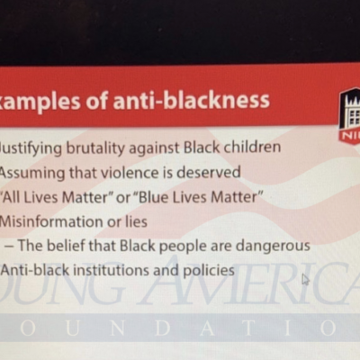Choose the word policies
point(205,269)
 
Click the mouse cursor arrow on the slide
point(305,279)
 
